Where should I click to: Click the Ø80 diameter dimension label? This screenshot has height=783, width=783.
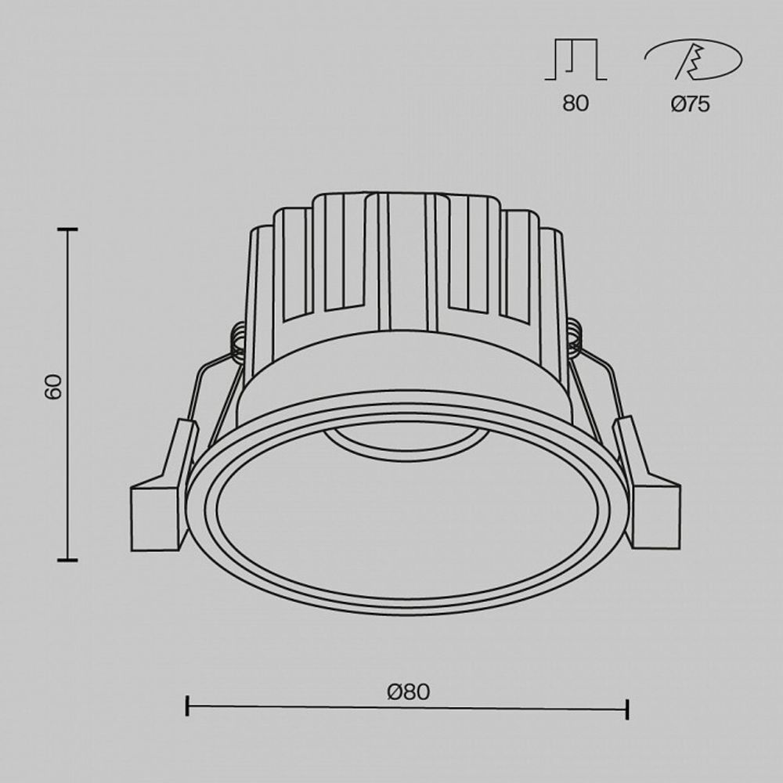pos(408,691)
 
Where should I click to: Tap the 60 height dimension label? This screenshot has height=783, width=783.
pos(52,387)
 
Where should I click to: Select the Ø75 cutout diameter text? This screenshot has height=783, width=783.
pos(690,104)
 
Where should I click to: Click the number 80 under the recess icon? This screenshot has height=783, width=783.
pos(575,104)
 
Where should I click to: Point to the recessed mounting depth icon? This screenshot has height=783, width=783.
pos(576,61)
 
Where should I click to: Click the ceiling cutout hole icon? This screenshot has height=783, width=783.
pos(692,61)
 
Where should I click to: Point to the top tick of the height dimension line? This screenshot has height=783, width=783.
pos(67,229)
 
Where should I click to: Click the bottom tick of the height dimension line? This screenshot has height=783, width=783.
pos(67,560)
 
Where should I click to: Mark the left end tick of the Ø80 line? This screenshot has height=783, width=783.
pos(187,705)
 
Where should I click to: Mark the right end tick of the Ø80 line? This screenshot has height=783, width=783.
pos(627,709)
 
